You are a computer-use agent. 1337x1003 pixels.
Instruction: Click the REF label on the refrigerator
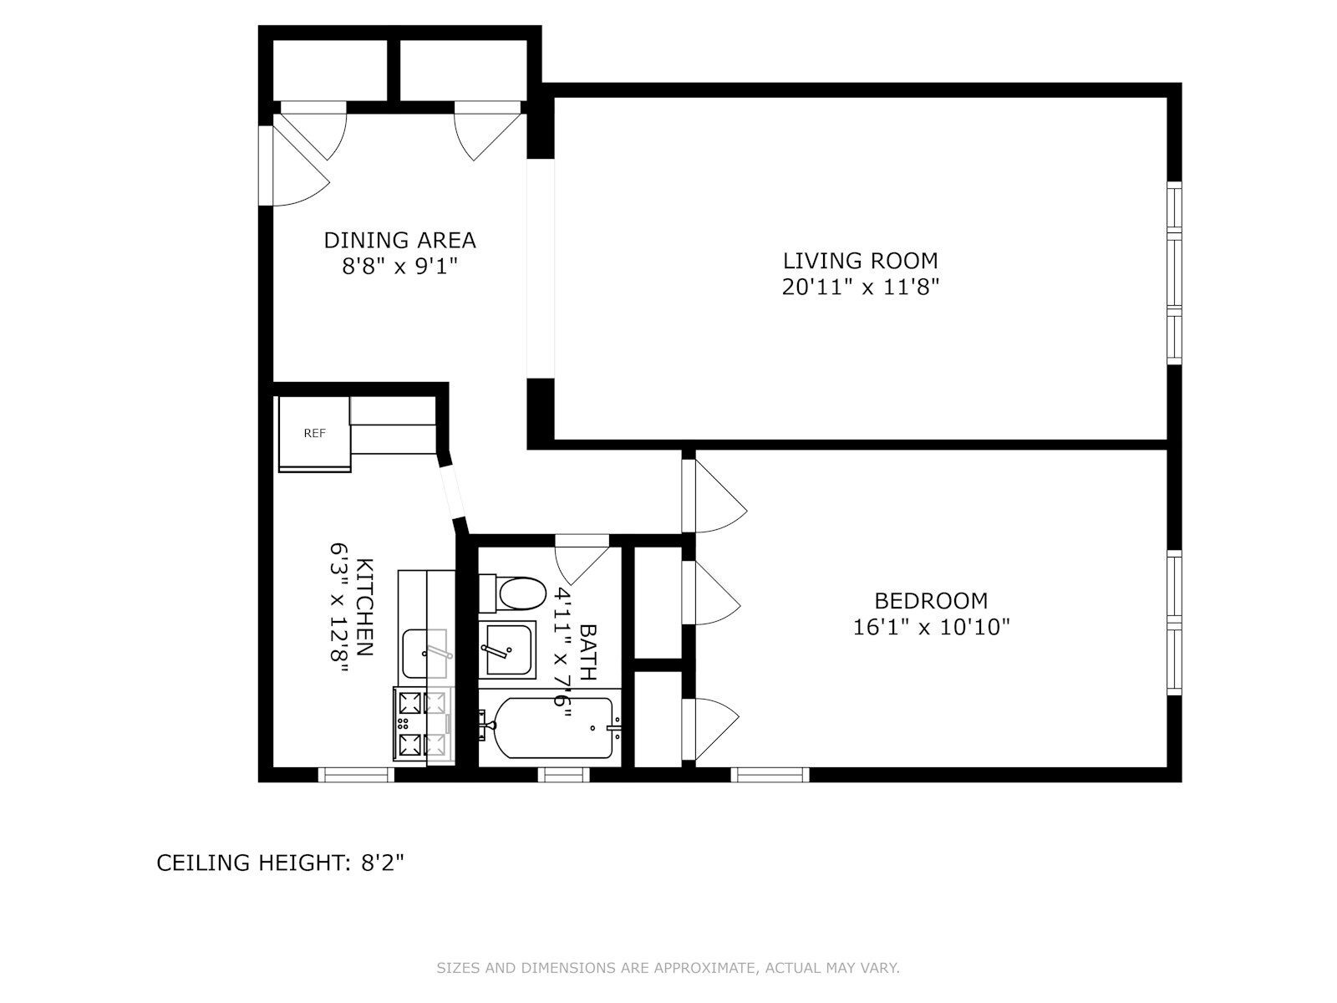314,433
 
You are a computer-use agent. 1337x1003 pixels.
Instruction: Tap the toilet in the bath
511,593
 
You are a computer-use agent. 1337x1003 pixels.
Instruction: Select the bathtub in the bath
553,728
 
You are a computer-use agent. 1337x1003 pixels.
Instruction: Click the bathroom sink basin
506,649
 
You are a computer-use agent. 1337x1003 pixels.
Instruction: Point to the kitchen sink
424,654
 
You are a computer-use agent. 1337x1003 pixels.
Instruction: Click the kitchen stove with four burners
424,724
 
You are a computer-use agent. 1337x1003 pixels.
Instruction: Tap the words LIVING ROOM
860,261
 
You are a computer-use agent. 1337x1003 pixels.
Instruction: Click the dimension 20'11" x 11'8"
860,286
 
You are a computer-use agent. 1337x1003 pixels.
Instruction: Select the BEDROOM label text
931,601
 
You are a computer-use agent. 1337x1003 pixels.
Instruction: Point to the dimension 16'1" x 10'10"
931,627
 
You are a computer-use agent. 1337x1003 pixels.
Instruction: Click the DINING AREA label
399,241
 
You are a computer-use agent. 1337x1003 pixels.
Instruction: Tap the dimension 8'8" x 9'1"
399,266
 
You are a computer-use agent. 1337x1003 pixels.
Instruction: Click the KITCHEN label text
363,607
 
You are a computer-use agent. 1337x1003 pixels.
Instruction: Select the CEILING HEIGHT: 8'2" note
280,863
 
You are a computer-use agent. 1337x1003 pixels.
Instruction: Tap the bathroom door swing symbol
582,560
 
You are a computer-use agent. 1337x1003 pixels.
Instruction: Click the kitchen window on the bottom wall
356,775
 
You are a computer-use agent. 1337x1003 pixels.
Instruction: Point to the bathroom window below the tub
564,775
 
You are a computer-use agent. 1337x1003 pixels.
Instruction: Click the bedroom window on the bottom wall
770,775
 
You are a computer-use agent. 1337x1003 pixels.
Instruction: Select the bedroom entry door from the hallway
714,496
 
